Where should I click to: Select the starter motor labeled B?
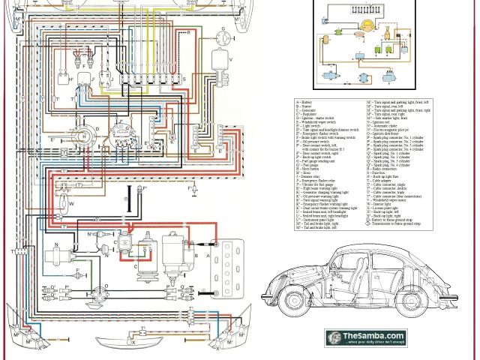click(174, 259)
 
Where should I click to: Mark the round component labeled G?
click(223, 35)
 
